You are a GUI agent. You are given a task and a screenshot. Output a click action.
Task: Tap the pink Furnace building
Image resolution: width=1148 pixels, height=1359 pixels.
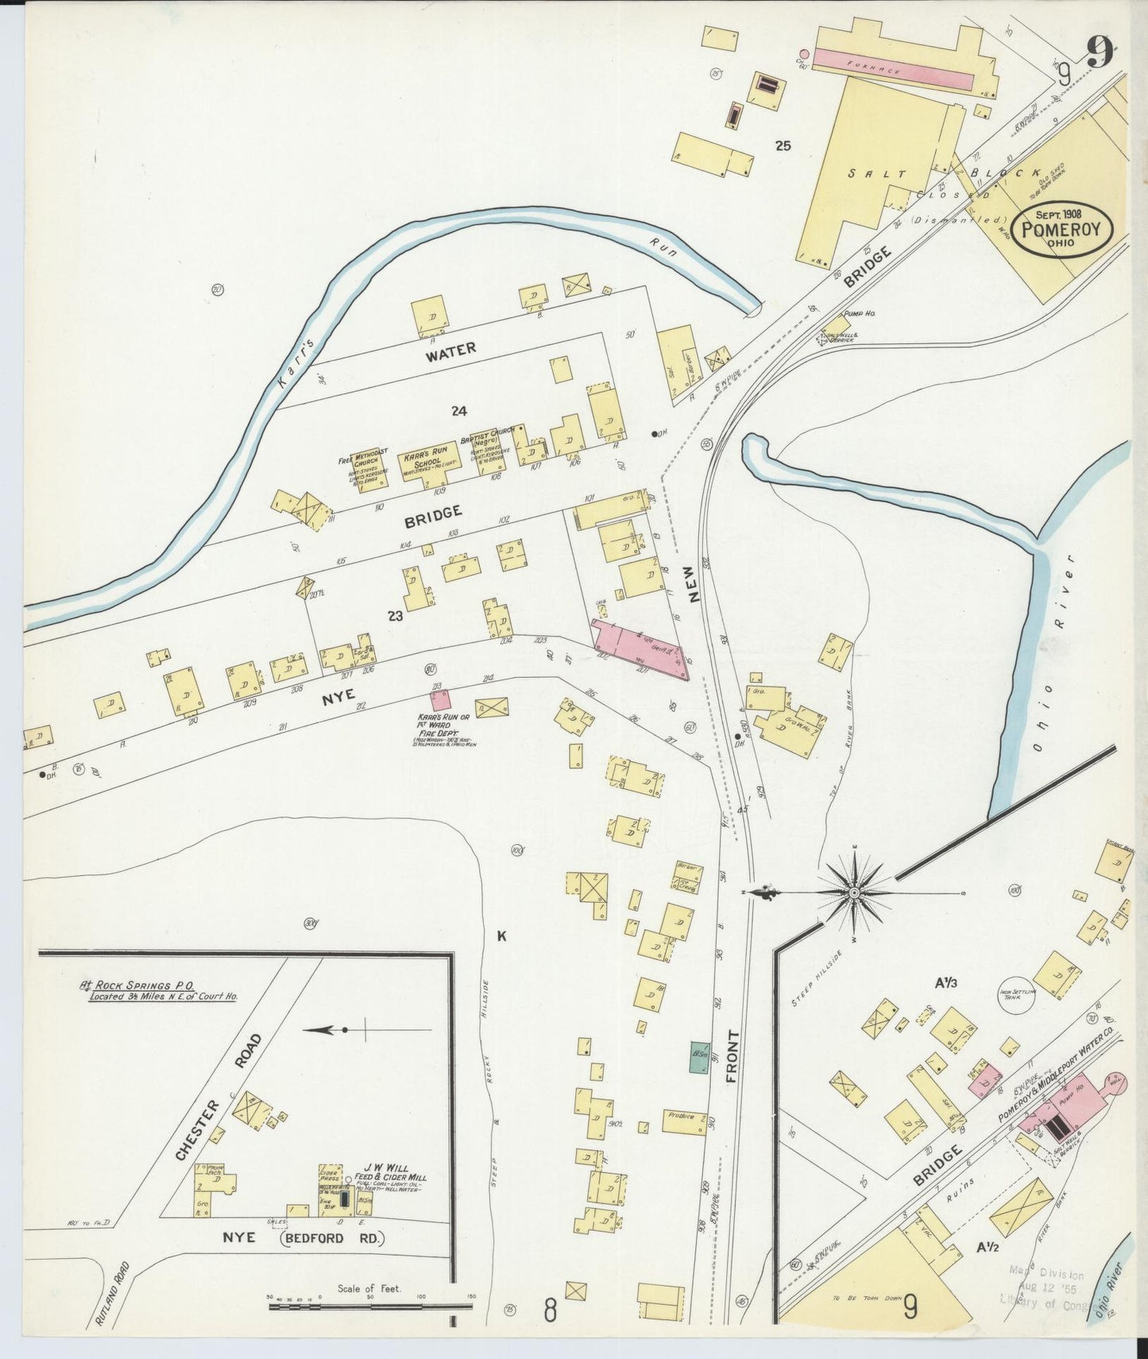(x=893, y=68)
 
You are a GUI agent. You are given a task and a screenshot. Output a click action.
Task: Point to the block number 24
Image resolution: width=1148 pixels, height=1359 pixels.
(x=458, y=411)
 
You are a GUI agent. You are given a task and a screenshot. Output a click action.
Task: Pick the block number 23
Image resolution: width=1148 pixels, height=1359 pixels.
(x=395, y=616)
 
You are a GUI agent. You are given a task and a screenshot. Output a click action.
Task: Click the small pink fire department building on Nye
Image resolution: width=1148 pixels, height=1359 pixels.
(x=439, y=700)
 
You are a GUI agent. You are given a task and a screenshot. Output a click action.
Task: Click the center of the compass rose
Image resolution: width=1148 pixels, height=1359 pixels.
(x=853, y=893)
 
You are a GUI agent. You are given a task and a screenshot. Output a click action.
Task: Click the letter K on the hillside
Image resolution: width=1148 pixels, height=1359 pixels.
(x=501, y=936)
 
